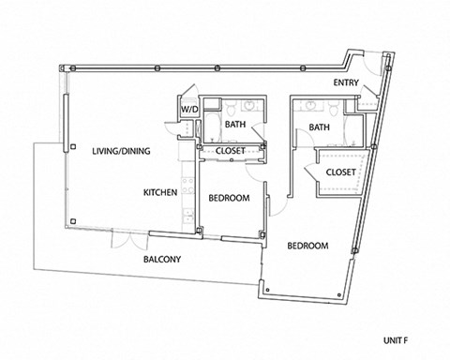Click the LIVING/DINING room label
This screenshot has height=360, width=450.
point(121,151)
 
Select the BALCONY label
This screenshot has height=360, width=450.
point(161,259)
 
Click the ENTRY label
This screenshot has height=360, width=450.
point(347,84)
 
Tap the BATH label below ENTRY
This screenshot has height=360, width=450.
point(319,127)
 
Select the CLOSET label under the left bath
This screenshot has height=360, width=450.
point(231,150)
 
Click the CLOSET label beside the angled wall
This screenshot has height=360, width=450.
point(339,172)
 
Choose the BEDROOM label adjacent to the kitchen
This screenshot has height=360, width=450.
point(228,198)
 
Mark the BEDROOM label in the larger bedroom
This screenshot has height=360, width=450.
point(307,246)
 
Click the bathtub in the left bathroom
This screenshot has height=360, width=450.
point(211,123)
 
